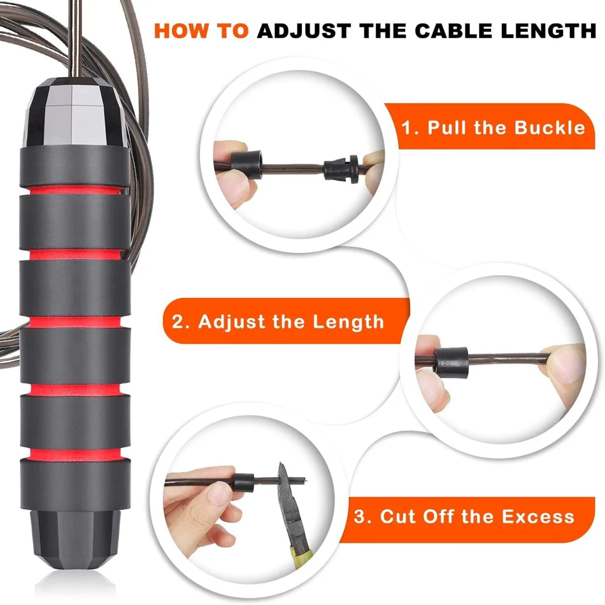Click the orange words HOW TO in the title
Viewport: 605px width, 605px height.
pyautogui.click(x=201, y=31)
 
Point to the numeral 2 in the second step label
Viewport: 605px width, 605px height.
pyautogui.click(x=178, y=322)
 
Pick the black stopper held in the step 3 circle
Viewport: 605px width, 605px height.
pyautogui.click(x=244, y=482)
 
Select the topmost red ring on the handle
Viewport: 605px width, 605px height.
pyautogui.click(x=75, y=190)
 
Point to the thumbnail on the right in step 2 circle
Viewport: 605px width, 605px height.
pyautogui.click(x=564, y=360)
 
